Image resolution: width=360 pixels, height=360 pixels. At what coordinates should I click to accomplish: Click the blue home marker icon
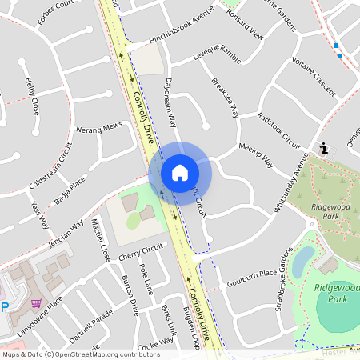point(180,173)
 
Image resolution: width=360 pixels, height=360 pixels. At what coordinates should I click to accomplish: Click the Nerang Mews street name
point(98,127)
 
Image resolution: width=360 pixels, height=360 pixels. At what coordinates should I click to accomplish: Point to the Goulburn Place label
point(251,278)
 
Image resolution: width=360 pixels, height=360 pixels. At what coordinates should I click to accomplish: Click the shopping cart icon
point(37,303)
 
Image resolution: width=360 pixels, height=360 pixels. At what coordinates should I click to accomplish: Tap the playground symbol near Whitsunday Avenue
point(323,148)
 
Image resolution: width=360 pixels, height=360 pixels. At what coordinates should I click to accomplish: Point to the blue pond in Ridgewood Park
point(304,261)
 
